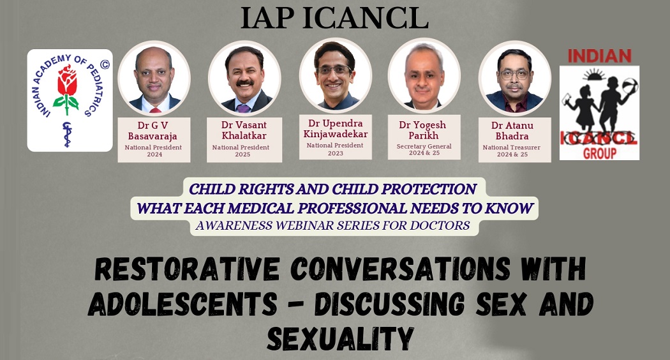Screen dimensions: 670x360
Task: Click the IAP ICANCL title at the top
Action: point(334,19)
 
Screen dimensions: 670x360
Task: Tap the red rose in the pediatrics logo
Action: point(67,81)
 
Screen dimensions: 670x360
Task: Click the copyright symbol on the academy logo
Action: point(104,64)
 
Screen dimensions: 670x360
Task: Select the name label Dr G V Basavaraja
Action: point(153,131)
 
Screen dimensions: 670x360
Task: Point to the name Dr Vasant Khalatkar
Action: point(244,130)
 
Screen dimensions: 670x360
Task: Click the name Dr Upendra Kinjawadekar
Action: point(336,129)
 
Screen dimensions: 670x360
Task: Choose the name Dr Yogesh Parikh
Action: point(423,130)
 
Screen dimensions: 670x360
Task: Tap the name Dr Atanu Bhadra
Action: point(512,131)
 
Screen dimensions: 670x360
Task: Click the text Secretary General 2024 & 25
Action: point(424,149)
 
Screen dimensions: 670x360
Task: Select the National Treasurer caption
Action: point(512,147)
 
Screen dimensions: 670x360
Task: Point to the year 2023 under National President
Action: point(336,153)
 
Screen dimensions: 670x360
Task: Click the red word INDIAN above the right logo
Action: point(600,56)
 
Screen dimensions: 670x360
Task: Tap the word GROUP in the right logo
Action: point(600,153)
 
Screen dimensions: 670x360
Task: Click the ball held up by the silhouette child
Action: point(630,86)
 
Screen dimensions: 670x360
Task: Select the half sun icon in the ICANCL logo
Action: point(595,76)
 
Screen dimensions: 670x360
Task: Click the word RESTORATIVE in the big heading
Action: point(187,269)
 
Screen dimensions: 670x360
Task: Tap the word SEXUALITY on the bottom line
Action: point(341,338)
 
